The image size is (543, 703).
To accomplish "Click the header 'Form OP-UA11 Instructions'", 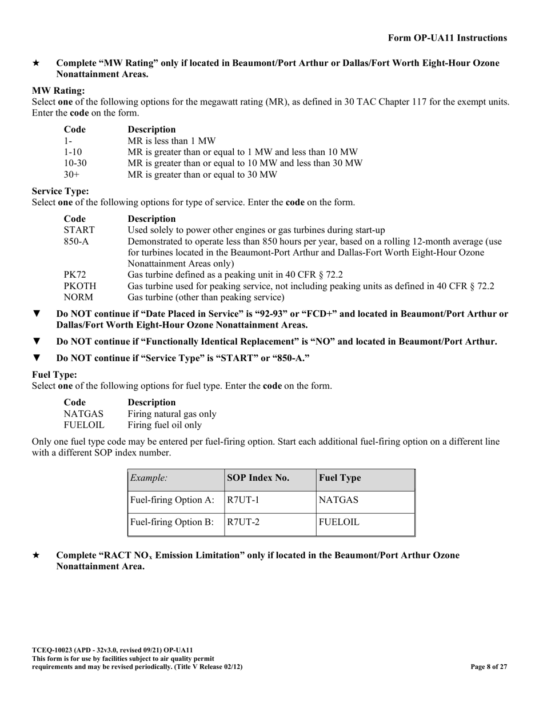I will coord(447,38).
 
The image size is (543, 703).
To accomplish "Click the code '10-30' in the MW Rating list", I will coord(75,163).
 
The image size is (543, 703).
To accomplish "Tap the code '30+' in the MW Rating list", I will coord(71,174).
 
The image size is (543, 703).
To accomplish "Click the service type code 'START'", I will coord(79,230).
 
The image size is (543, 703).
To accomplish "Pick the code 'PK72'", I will coord(74,275).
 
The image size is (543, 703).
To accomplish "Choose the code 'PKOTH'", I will coord(79,286).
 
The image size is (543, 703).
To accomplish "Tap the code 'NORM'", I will coord(78,297).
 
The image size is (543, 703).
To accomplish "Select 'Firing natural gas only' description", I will coord(172,414).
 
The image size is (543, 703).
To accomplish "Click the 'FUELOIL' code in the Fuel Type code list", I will coord(84,425).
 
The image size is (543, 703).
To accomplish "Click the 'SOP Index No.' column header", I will coord(258,478).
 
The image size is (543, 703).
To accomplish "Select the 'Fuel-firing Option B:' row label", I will coord(173,522).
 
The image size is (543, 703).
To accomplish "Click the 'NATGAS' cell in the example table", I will coord(338,500).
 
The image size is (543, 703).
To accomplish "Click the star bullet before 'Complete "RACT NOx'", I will coord(36,556).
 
